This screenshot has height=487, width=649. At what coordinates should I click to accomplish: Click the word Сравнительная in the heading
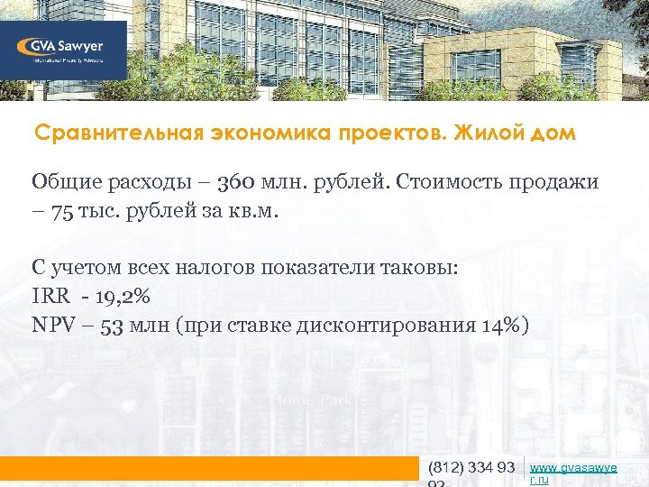(x=100, y=133)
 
